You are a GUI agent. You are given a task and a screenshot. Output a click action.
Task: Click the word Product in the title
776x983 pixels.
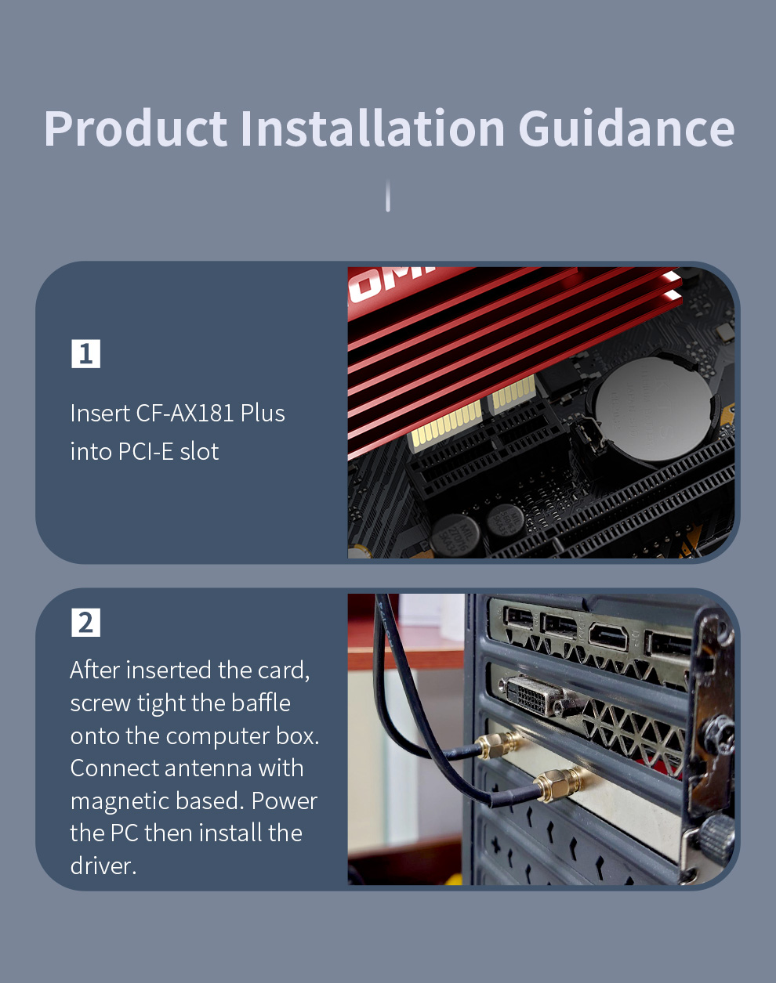tap(136, 128)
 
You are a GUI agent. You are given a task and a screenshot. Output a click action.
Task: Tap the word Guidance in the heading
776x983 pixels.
tap(626, 128)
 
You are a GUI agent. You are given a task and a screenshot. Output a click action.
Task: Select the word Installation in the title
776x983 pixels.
tap(372, 128)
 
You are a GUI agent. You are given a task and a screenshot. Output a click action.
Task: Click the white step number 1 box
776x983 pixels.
tap(85, 353)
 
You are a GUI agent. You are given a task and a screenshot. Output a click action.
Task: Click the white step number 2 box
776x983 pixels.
tap(85, 622)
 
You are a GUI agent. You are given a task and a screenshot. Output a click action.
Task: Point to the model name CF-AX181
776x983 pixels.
tap(185, 413)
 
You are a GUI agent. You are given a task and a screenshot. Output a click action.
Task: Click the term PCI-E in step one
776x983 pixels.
tap(146, 452)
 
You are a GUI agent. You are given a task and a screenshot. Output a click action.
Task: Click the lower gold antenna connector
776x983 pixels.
tap(559, 784)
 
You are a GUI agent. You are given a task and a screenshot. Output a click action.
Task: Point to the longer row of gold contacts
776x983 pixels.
tap(447, 425)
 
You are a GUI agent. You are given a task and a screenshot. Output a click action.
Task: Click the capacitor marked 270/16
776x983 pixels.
tap(455, 535)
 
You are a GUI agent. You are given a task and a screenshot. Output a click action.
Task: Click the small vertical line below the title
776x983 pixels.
tap(388, 196)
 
